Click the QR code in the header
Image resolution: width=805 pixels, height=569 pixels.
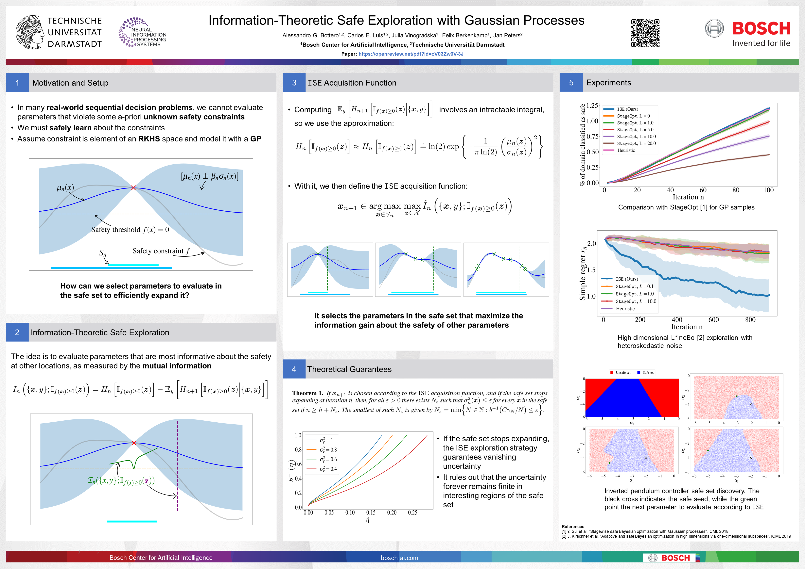pos(645,33)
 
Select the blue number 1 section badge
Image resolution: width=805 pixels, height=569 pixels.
pos(17,83)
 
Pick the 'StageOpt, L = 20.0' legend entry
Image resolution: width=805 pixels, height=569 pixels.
pos(636,143)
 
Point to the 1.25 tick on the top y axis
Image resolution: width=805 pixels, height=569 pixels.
pos(592,106)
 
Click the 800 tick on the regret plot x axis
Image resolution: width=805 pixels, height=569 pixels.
pos(750,319)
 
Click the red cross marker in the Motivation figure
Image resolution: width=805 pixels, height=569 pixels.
pos(133,188)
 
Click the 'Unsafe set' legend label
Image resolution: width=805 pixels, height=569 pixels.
pos(623,372)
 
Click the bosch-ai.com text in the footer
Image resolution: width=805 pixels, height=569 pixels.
pos(399,558)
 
